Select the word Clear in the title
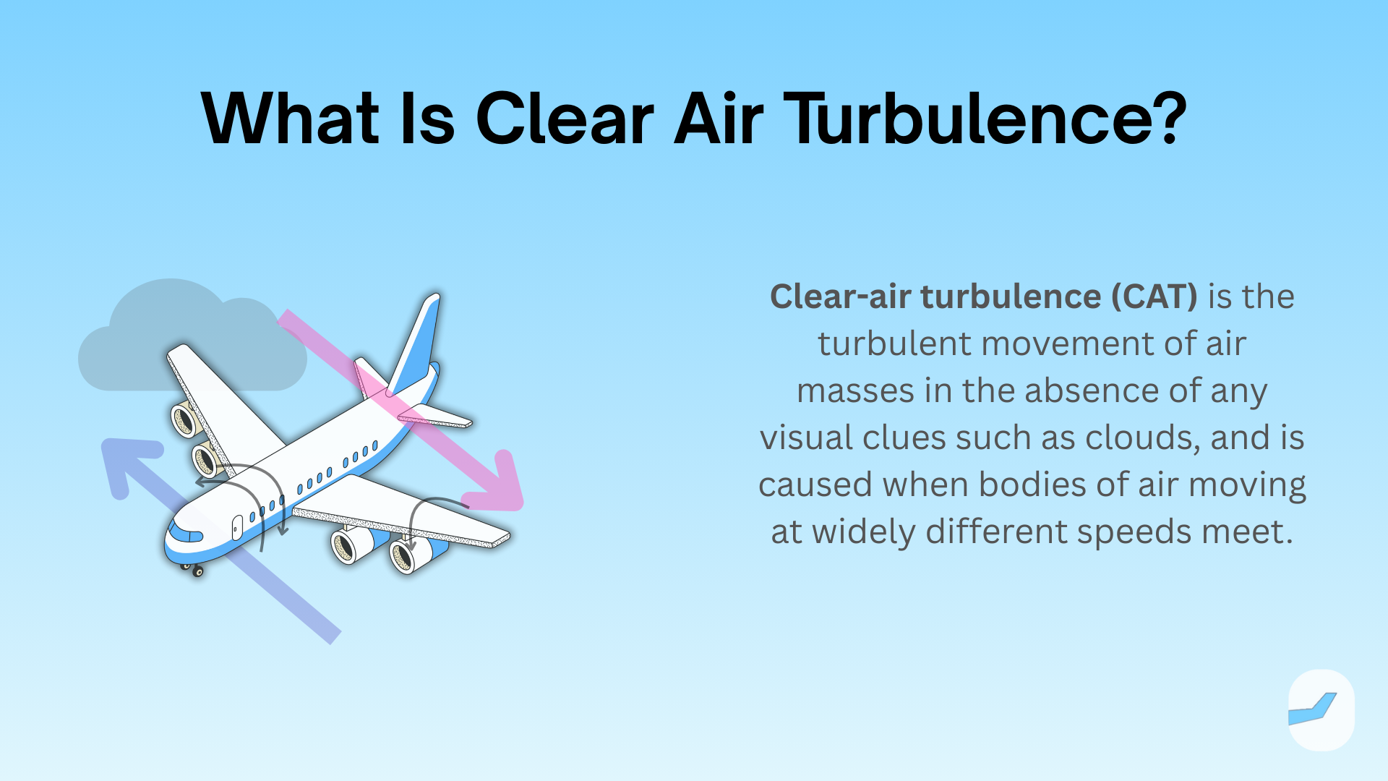tap(565, 119)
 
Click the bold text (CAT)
tap(1154, 296)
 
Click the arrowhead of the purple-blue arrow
tap(127, 460)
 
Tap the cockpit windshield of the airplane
tap(184, 534)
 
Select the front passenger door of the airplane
tap(237, 528)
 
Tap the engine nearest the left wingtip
tap(184, 419)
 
